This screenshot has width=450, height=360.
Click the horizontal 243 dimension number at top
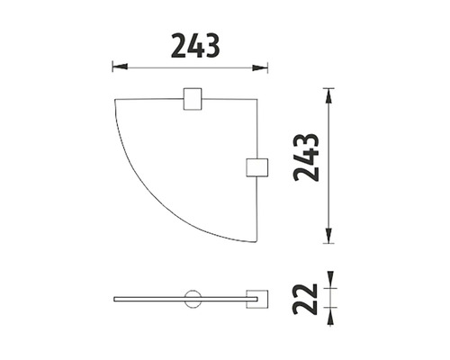coord(195,46)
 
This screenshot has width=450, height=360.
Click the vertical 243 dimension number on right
coord(306,157)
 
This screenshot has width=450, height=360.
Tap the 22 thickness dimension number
coord(305,299)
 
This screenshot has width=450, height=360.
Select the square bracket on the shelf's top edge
coord(193,99)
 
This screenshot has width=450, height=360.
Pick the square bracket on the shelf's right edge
coord(256,167)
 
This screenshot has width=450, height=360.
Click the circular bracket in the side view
coord(193,299)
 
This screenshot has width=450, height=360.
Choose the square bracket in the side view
coord(256,299)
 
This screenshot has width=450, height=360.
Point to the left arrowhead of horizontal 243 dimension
coord(120,67)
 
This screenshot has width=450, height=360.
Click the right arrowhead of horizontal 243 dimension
coord(260,67)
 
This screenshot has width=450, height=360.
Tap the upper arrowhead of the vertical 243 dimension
coord(329,96)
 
